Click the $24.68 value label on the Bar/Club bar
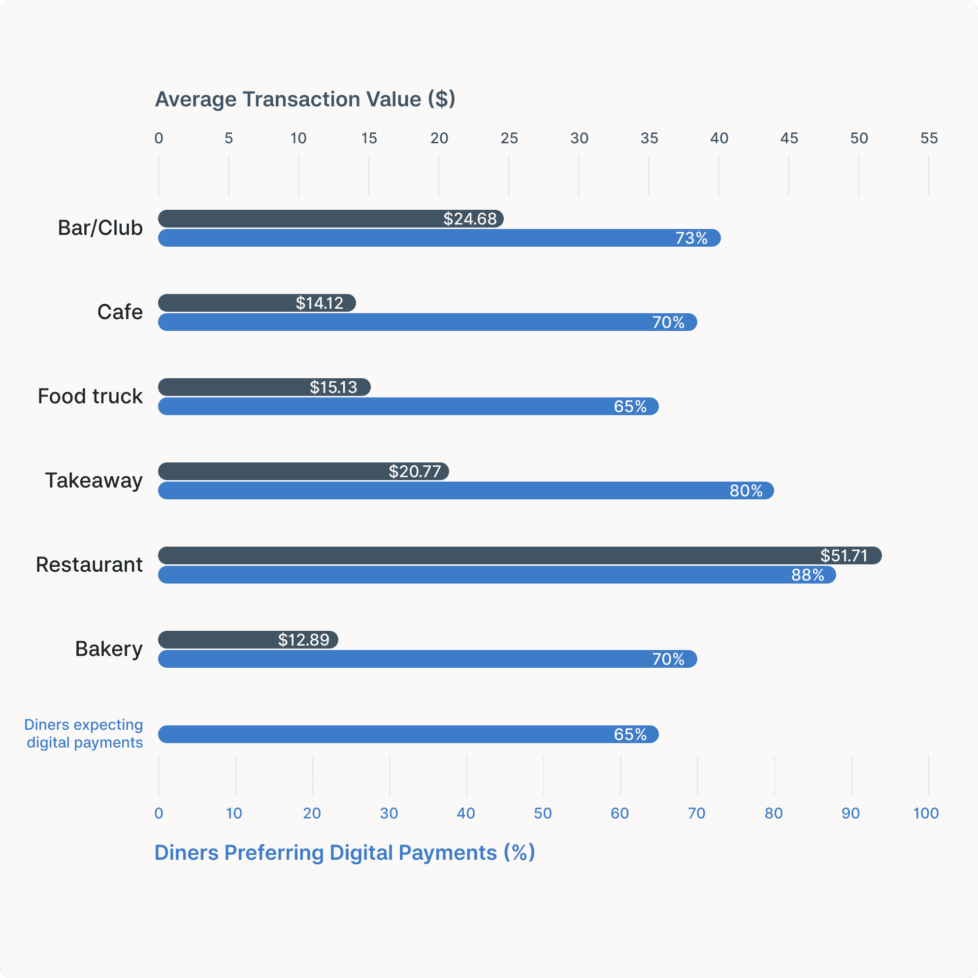[x=470, y=219]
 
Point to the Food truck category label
[x=90, y=396]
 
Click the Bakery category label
[x=109, y=649]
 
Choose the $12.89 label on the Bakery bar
[x=304, y=640]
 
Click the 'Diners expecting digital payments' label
[x=84, y=734]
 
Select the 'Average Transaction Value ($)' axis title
[x=305, y=99]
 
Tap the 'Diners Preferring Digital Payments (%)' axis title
[x=344, y=852]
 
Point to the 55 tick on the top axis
[x=929, y=138]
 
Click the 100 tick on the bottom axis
[x=926, y=813]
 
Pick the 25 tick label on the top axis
[x=509, y=138]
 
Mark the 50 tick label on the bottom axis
[x=543, y=813]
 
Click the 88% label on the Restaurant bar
[x=808, y=575]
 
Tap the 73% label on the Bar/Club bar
[x=691, y=238]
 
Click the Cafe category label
[x=120, y=312]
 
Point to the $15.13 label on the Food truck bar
[x=333, y=387]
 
